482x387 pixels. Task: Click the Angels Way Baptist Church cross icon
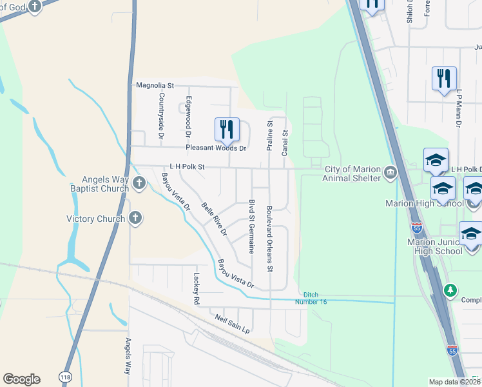139,184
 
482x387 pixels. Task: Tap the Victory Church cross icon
135,218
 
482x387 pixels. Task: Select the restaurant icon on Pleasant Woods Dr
226,129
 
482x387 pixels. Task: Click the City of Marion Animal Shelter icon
390,173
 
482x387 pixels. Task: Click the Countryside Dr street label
162,116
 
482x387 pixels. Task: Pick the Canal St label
284,143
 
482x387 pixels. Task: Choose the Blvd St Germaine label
252,226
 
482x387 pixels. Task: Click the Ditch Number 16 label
311,297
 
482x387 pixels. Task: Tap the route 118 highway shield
66,375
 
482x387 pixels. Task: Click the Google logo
21,379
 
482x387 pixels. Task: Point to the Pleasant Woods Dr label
216,148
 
